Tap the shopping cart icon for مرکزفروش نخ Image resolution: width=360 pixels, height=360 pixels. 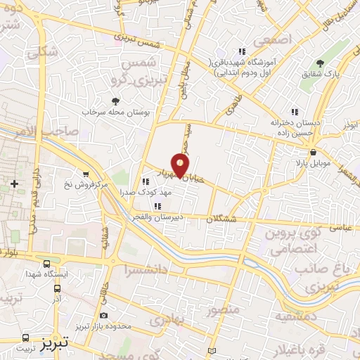[x=86, y=174]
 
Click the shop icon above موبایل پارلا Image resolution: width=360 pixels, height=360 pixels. [x=312, y=151]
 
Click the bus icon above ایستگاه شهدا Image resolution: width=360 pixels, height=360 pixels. [x=46, y=264]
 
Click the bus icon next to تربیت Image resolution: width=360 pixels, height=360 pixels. [x=26, y=337]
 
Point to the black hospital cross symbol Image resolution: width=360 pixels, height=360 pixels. [x=14, y=184]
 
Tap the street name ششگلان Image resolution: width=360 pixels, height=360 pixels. [x=242, y=219]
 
